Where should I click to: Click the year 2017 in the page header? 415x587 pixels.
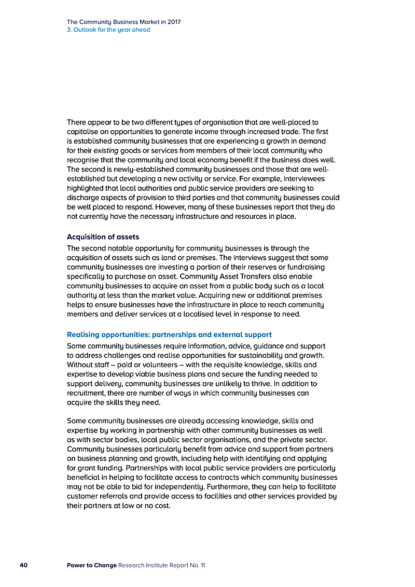(173, 22)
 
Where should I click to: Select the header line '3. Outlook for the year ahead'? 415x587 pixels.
(108, 30)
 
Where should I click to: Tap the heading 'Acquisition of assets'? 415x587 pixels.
(103, 237)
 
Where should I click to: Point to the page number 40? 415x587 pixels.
(23, 565)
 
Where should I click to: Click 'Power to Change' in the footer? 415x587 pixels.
(91, 565)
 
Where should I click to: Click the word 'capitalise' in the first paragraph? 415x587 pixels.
(84, 132)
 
